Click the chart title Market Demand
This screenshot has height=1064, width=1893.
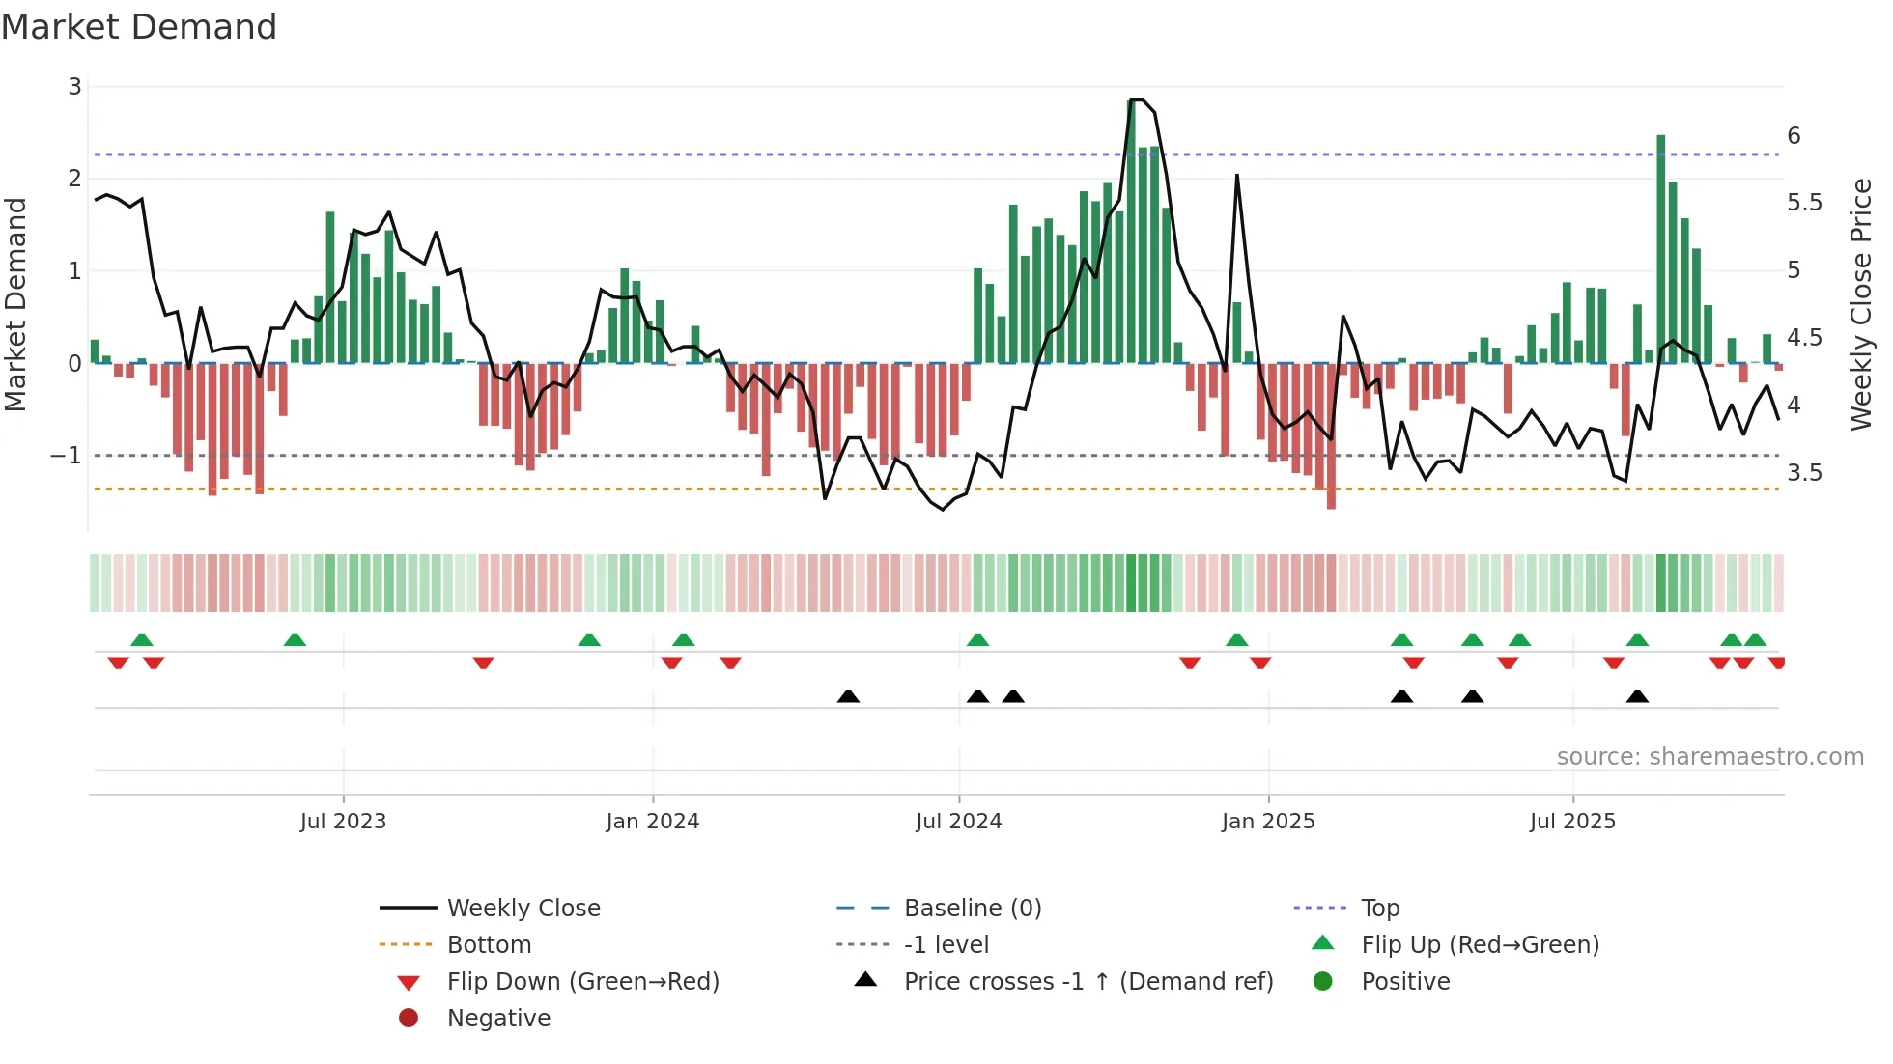tap(139, 27)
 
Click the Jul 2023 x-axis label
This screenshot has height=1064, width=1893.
tap(343, 822)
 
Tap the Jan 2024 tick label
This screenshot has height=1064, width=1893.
tap(652, 822)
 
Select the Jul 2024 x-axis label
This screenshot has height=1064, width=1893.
tap(958, 822)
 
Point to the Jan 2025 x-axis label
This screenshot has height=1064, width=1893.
tap(1267, 822)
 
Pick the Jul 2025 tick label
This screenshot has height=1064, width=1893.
tap(1572, 822)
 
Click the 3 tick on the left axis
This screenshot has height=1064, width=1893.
tap(74, 87)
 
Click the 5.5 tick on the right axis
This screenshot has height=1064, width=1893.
tap(1804, 203)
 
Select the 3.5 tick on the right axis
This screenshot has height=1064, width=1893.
tap(1804, 473)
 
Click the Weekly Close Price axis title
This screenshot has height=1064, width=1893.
tap(1860, 304)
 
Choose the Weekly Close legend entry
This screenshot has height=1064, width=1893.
tap(523, 909)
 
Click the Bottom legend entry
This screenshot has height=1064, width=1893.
tap(489, 945)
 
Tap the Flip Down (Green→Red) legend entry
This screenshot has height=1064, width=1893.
tap(582, 982)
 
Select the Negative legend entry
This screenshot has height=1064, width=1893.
tap(498, 1019)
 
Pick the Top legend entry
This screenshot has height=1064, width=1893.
tap(1380, 909)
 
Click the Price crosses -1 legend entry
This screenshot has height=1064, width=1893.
tap(1088, 982)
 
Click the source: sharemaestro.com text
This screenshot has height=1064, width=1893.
tap(1709, 757)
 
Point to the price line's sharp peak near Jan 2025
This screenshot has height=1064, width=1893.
tap(1237, 177)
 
